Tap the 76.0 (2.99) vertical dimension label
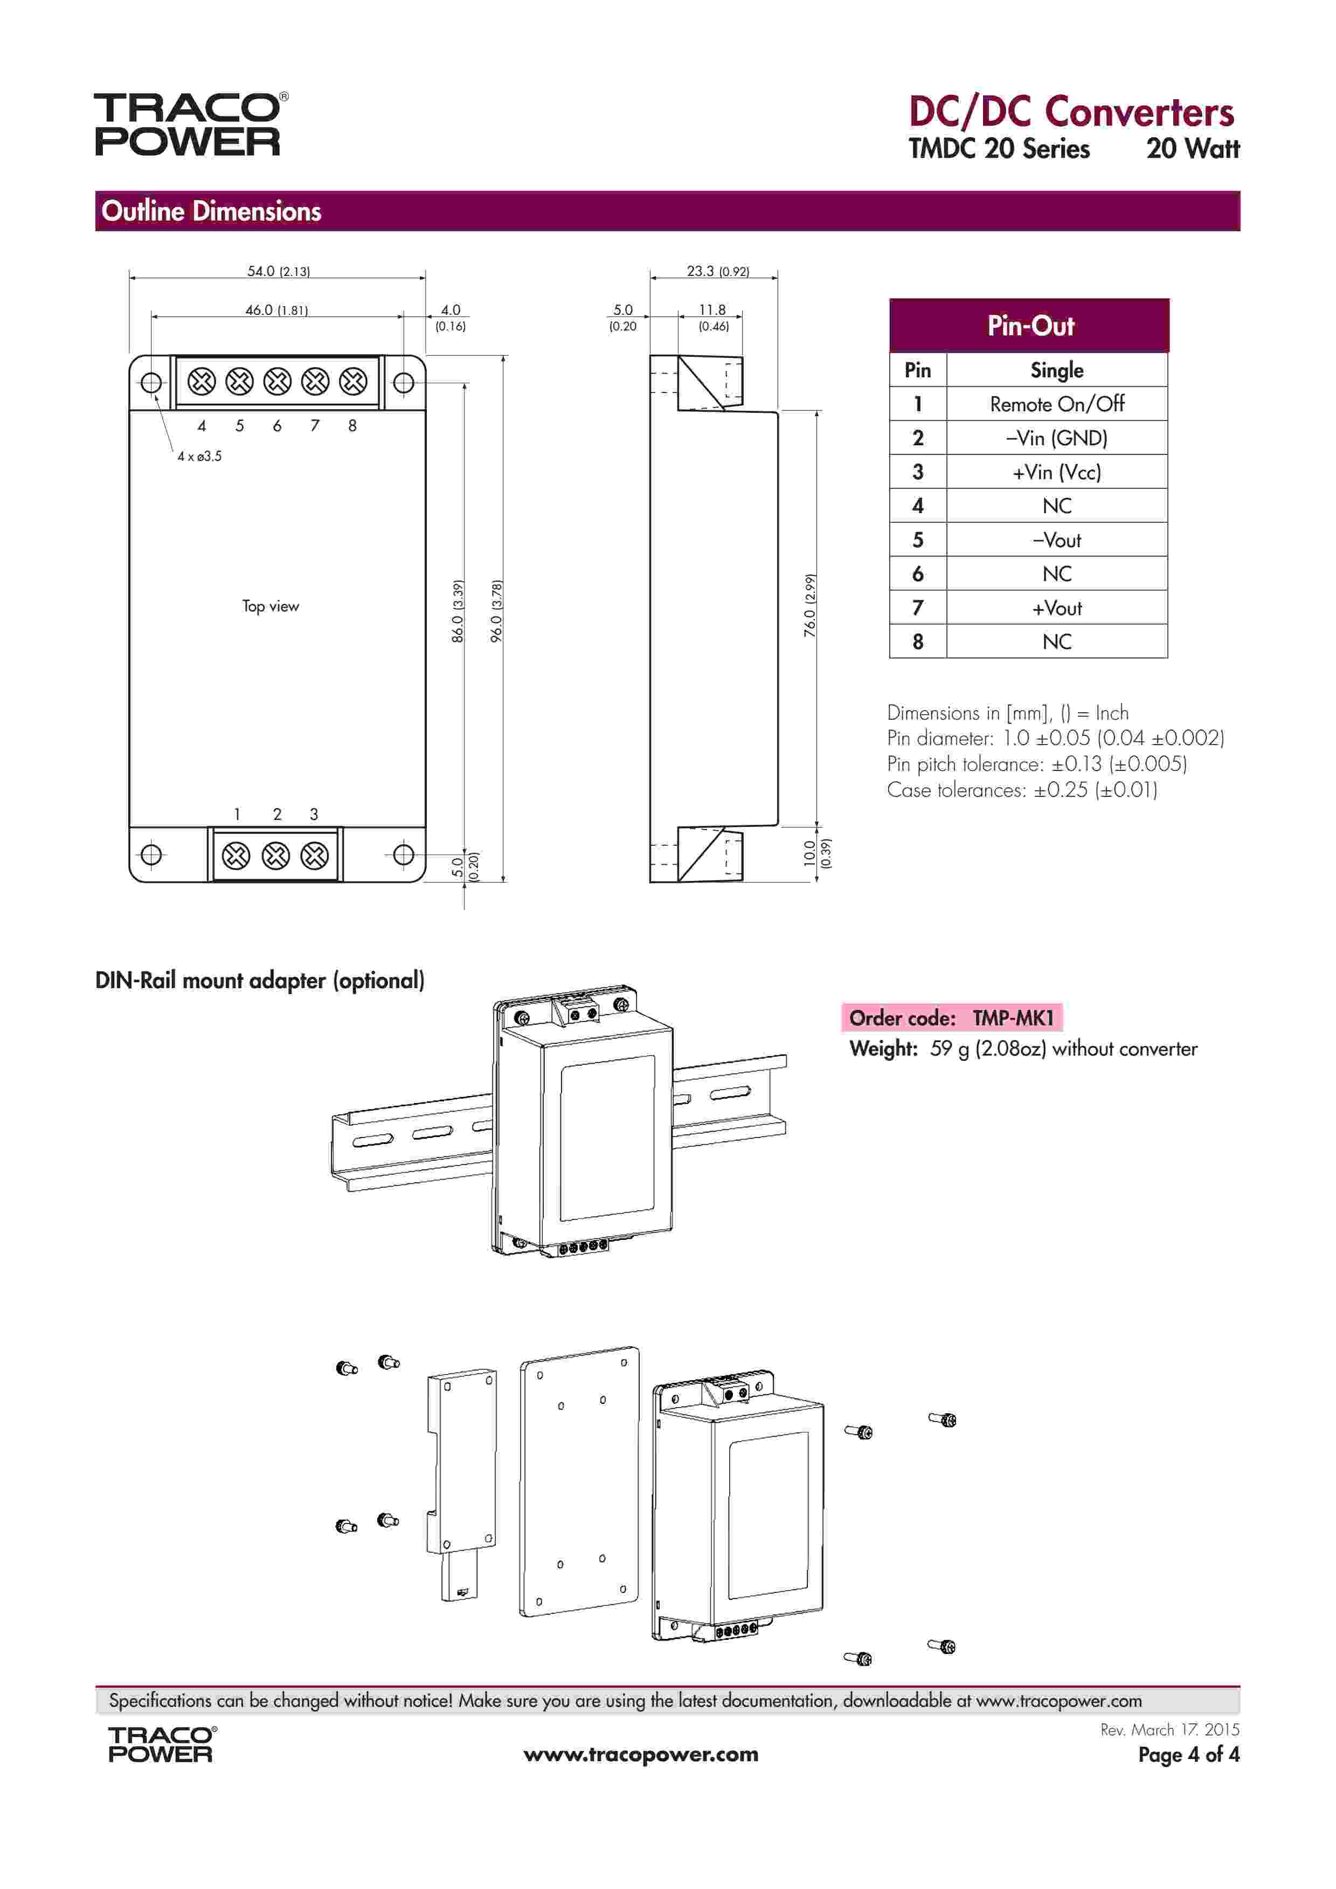coord(811,605)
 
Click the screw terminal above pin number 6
coord(277,382)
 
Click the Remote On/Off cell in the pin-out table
coord(1056,404)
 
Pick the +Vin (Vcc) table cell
coord(1056,472)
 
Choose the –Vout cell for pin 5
coord(1056,541)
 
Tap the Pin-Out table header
coord(1029,326)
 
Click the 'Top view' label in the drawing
coord(271,606)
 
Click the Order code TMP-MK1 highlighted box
coord(951,1018)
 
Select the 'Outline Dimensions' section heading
coord(211,211)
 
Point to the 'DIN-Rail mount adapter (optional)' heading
coord(260,981)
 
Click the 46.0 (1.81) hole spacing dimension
coord(276,310)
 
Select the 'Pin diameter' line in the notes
coord(1055,738)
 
